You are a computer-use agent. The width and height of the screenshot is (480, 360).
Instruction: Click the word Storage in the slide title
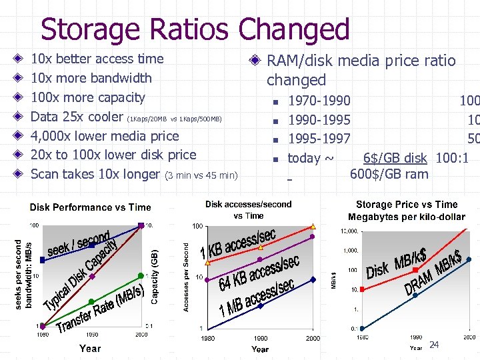pyautogui.click(x=99, y=29)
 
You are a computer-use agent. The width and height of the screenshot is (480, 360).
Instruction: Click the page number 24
pyautogui.click(x=434, y=345)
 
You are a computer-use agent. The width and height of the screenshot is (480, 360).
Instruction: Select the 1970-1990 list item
pyautogui.click(x=319, y=101)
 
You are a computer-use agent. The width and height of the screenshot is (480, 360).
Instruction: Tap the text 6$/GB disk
pyautogui.click(x=395, y=158)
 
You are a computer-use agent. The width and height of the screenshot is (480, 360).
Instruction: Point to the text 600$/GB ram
pyautogui.click(x=389, y=174)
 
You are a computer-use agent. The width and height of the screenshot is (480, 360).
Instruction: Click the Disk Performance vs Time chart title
pyautogui.click(x=91, y=207)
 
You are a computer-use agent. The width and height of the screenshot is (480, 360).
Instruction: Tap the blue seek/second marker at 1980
pyautogui.click(x=43, y=259)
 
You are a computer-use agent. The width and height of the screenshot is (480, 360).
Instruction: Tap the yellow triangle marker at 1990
pyautogui.click(x=260, y=247)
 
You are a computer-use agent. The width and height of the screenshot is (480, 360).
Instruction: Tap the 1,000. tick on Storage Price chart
pyautogui.click(x=349, y=251)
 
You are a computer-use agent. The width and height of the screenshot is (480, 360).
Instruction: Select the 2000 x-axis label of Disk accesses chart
pyautogui.click(x=313, y=339)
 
